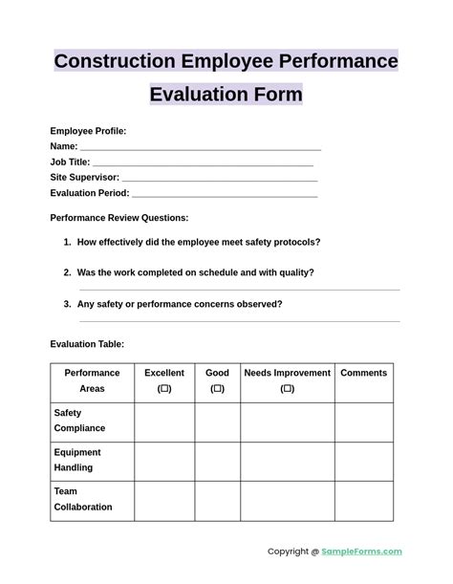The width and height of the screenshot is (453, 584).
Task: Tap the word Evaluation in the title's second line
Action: [193, 95]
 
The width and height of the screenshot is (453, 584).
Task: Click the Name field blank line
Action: [200, 148]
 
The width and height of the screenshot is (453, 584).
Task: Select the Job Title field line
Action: [203, 163]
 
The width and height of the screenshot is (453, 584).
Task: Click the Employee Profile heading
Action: [88, 131]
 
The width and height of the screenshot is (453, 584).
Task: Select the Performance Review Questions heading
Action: [119, 218]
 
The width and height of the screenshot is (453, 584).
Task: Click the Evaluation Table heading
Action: [87, 344]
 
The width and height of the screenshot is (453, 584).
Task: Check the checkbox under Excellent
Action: [164, 389]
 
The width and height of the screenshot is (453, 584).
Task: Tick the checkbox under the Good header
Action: [217, 389]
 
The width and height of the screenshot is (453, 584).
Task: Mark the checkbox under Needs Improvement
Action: [287, 389]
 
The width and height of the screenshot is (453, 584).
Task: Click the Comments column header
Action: [363, 373]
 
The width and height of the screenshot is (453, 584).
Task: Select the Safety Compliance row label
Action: [79, 421]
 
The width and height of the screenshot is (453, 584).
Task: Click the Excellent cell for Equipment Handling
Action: [164, 461]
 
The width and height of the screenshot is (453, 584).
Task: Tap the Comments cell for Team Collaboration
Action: [363, 500]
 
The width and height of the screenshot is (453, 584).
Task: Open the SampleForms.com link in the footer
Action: [361, 552]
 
